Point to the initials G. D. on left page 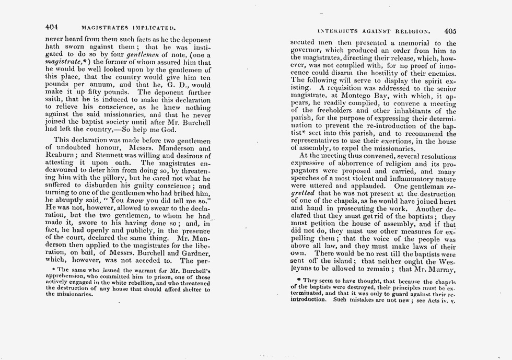[168, 85]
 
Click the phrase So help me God [164, 129]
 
